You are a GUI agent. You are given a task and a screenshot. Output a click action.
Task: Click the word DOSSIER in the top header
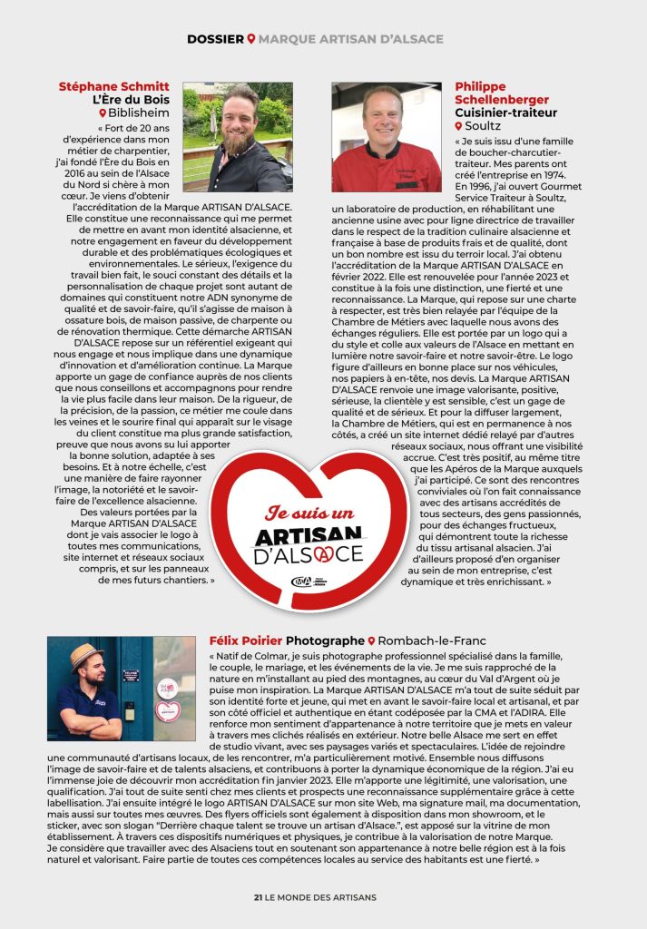point(215,39)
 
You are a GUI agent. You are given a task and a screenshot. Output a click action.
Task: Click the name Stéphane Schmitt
point(113,87)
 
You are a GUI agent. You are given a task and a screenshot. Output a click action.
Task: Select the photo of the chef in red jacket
point(387,137)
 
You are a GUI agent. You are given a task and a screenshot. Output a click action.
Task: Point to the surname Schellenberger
point(502,100)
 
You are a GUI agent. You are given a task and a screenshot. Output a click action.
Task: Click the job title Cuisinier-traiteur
point(505,112)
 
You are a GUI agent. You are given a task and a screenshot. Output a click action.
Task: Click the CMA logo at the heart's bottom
point(300,582)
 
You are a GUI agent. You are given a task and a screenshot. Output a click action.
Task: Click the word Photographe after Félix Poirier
point(326,641)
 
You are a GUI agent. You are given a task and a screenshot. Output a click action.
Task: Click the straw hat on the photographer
point(88,657)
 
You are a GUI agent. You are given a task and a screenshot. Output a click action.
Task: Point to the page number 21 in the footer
point(258,897)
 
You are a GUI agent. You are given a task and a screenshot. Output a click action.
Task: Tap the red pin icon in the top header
point(251,39)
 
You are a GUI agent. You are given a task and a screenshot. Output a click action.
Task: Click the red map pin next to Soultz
point(459,126)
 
